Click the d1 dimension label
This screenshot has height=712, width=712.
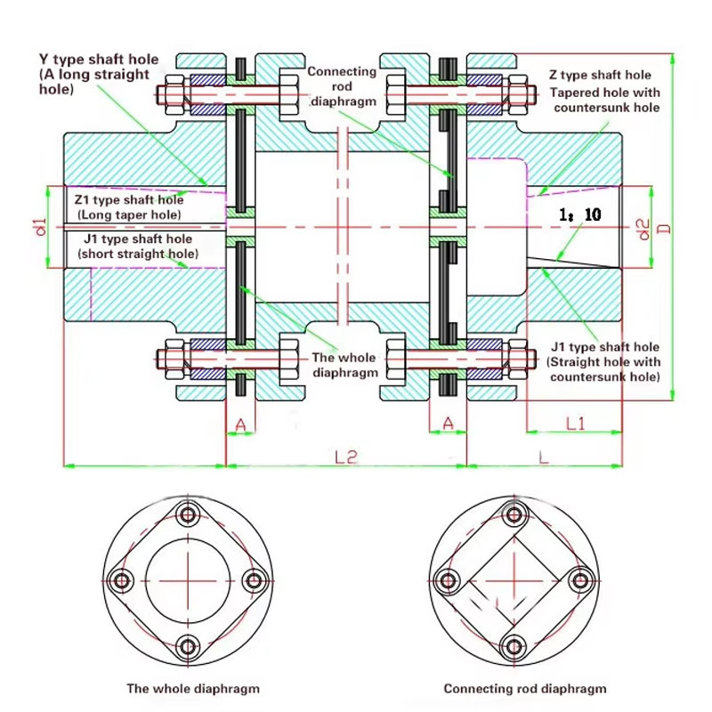point(41,227)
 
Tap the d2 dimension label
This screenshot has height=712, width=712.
point(644,229)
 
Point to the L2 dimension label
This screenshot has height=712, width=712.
point(346,457)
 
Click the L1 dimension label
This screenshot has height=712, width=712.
point(575,424)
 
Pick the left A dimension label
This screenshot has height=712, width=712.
point(240,425)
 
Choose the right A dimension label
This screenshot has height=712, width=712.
point(448,424)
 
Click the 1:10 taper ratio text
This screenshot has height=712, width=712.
point(580,214)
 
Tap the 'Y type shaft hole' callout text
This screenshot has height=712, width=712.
point(99,60)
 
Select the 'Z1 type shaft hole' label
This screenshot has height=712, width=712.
point(129,199)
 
